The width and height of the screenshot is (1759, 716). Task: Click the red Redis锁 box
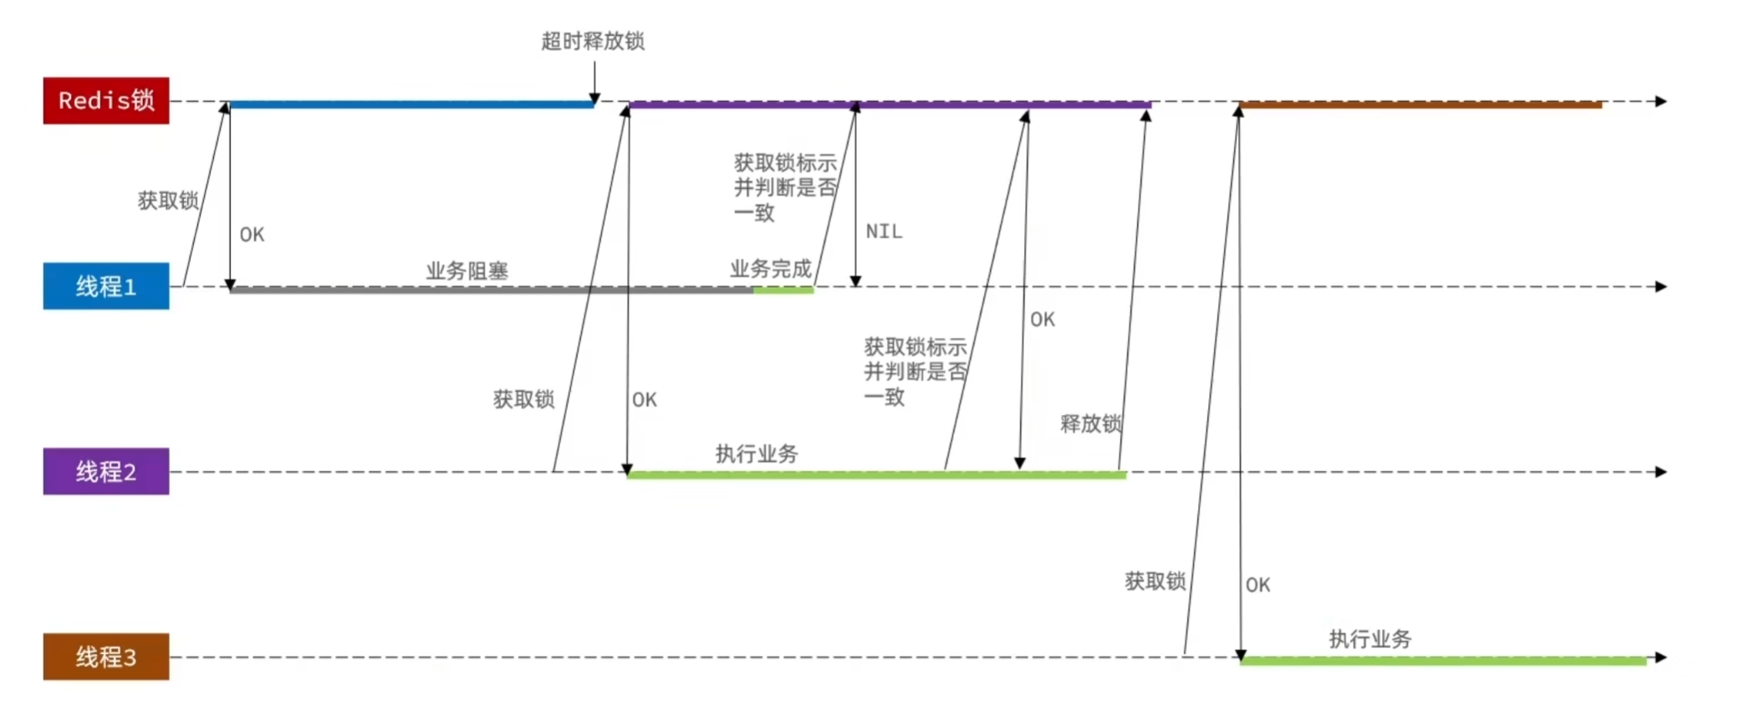[x=106, y=100]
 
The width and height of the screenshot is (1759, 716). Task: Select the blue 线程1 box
[x=106, y=286]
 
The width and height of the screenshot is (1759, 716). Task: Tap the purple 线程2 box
[x=106, y=472]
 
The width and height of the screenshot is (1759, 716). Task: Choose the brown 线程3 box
[x=106, y=657]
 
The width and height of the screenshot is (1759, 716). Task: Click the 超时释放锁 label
[x=593, y=41]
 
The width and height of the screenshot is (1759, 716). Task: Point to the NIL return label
[x=884, y=232]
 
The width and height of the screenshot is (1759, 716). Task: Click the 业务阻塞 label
[x=467, y=271]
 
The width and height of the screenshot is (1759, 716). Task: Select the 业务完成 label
[x=770, y=269]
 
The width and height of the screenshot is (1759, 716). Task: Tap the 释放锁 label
[x=1090, y=424]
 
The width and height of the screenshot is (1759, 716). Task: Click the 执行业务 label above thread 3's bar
[x=1369, y=640]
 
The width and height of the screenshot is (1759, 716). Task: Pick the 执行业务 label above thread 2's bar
[x=756, y=454]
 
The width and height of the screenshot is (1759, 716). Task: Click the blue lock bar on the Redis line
[x=410, y=105]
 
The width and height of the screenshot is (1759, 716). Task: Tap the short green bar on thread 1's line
[x=783, y=290]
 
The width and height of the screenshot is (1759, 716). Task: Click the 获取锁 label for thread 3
[x=1155, y=581]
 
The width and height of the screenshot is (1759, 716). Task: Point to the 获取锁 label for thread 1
[x=168, y=201]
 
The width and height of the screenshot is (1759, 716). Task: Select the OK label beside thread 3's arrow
[x=1257, y=586]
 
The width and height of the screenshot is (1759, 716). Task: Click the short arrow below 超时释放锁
[x=594, y=84]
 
